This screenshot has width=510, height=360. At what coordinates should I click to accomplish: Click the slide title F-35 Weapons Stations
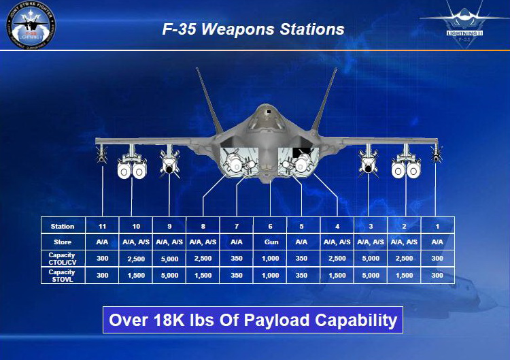click(253, 30)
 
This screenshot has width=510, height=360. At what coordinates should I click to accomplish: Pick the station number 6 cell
click(270, 225)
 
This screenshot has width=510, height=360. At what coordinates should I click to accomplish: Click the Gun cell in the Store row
click(270, 242)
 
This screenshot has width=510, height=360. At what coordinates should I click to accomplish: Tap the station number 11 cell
click(102, 225)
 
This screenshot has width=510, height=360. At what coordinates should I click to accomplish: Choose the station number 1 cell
click(437, 225)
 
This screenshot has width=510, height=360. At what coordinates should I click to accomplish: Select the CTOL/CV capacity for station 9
click(169, 259)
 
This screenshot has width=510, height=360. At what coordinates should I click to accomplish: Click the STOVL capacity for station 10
click(135, 276)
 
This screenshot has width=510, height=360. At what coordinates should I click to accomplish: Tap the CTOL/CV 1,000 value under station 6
click(270, 259)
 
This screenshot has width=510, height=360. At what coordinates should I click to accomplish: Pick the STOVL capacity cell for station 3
click(370, 276)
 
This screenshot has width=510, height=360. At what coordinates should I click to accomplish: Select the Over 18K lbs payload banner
click(252, 320)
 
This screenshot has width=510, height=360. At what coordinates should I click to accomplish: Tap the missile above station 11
click(102, 154)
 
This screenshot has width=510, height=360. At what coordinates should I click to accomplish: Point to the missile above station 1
click(437, 154)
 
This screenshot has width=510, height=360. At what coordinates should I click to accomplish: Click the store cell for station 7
click(237, 242)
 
